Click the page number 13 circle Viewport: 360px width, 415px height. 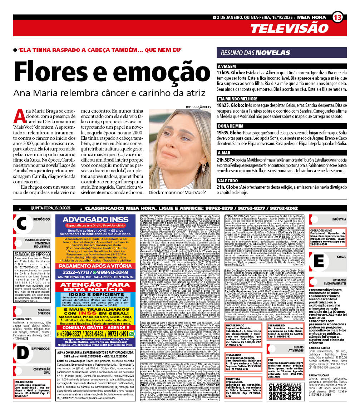click(x=337, y=17)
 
